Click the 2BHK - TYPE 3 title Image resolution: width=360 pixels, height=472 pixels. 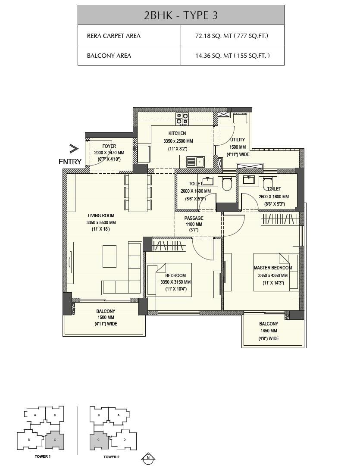point(181,15)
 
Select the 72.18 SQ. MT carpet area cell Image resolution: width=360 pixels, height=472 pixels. point(232,36)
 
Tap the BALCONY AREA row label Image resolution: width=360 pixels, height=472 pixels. point(109,56)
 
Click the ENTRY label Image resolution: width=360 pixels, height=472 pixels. point(70,162)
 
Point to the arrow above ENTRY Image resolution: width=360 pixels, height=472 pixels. point(74,149)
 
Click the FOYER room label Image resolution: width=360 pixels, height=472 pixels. point(109,147)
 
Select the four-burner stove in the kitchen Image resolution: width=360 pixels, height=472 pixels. point(182,118)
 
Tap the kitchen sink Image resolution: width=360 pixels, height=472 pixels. point(195,162)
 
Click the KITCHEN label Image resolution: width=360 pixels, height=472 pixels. point(177,133)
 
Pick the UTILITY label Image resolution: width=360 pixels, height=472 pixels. point(238,140)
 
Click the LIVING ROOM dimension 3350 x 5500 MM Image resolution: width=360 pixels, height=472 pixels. point(101,222)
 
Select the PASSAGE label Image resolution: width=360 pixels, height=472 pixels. point(194,218)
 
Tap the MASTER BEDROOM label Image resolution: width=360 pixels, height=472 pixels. point(272,268)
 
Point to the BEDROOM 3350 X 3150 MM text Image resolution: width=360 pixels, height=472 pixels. point(175,282)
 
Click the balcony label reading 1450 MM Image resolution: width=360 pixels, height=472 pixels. point(268,331)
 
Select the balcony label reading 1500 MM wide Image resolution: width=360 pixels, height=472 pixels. point(106,317)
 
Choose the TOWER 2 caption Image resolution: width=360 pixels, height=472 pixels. point(111,456)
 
